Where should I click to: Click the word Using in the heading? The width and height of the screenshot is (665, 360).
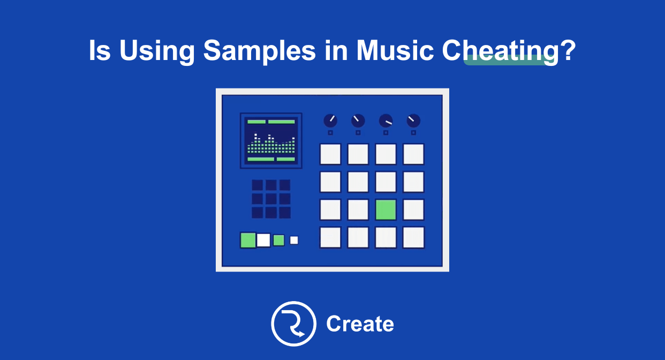(x=157, y=51)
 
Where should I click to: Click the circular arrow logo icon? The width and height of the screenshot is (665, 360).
(x=293, y=324)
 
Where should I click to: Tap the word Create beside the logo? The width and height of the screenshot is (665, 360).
(x=360, y=324)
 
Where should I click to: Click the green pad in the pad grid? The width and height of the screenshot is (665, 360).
(x=386, y=209)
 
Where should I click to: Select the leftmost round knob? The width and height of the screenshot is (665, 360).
(x=330, y=121)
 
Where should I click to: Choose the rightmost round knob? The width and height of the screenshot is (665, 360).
(x=413, y=121)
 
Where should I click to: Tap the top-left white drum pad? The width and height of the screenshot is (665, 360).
(x=330, y=154)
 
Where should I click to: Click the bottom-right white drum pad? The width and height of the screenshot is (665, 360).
(x=413, y=237)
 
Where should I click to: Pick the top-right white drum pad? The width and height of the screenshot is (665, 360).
(x=413, y=154)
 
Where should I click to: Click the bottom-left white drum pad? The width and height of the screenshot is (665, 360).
(x=330, y=237)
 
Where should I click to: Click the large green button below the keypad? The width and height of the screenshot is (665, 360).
(x=248, y=240)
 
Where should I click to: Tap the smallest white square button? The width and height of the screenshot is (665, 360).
(x=294, y=240)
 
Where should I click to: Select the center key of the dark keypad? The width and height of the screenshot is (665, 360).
(x=271, y=199)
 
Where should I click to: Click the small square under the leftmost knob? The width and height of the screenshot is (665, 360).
(x=330, y=132)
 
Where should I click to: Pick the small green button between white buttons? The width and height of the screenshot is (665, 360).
(x=278, y=240)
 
